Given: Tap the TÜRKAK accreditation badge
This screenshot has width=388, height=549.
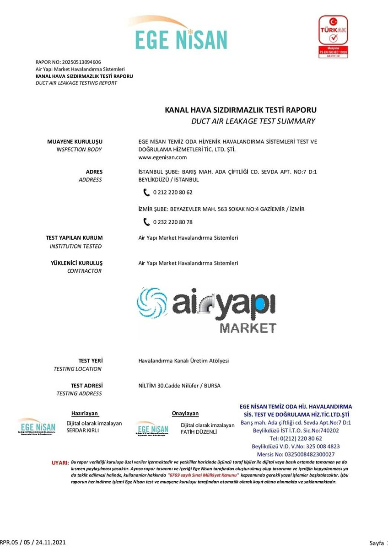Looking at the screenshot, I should coord(333,37).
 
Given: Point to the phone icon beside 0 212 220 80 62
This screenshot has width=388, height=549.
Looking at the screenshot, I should coord(146,192).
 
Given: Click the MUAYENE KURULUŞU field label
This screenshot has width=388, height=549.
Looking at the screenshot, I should coord(75,141).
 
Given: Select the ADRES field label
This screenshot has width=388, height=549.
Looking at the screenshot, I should coord(94,172).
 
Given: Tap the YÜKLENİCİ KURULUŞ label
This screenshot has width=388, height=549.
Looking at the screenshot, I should coord(76,263).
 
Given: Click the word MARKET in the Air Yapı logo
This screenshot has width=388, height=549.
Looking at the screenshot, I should coord(248,328).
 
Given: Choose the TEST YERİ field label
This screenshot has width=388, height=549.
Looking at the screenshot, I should coord(91,361).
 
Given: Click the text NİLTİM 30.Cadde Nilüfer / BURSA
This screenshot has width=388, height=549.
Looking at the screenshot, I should coord(179,386).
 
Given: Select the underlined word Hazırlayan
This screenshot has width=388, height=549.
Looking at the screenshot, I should coord(85,413).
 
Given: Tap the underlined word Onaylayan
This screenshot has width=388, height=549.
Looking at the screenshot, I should coord(185,414).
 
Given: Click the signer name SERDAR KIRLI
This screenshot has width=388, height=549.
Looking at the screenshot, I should coord(82,431).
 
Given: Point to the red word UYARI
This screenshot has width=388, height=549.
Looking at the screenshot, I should coord(60,463).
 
